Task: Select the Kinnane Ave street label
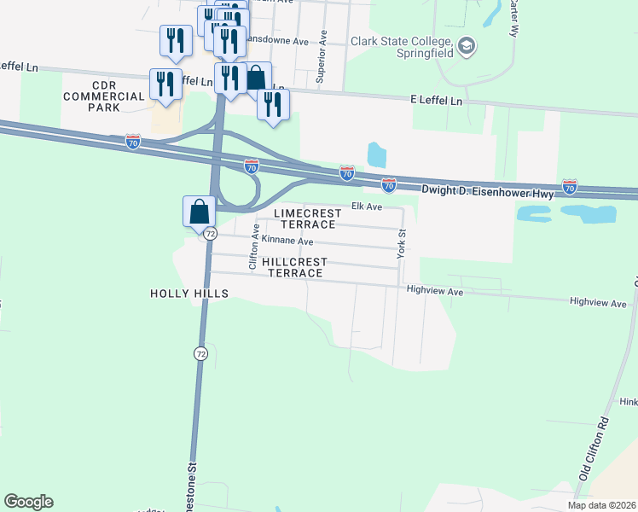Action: pos(287,241)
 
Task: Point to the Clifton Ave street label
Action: pos(253,247)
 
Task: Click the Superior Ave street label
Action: pos(322,56)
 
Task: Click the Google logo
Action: pos(28,502)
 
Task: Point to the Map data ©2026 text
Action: pos(601,505)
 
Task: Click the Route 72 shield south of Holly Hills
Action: pos(200,353)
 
